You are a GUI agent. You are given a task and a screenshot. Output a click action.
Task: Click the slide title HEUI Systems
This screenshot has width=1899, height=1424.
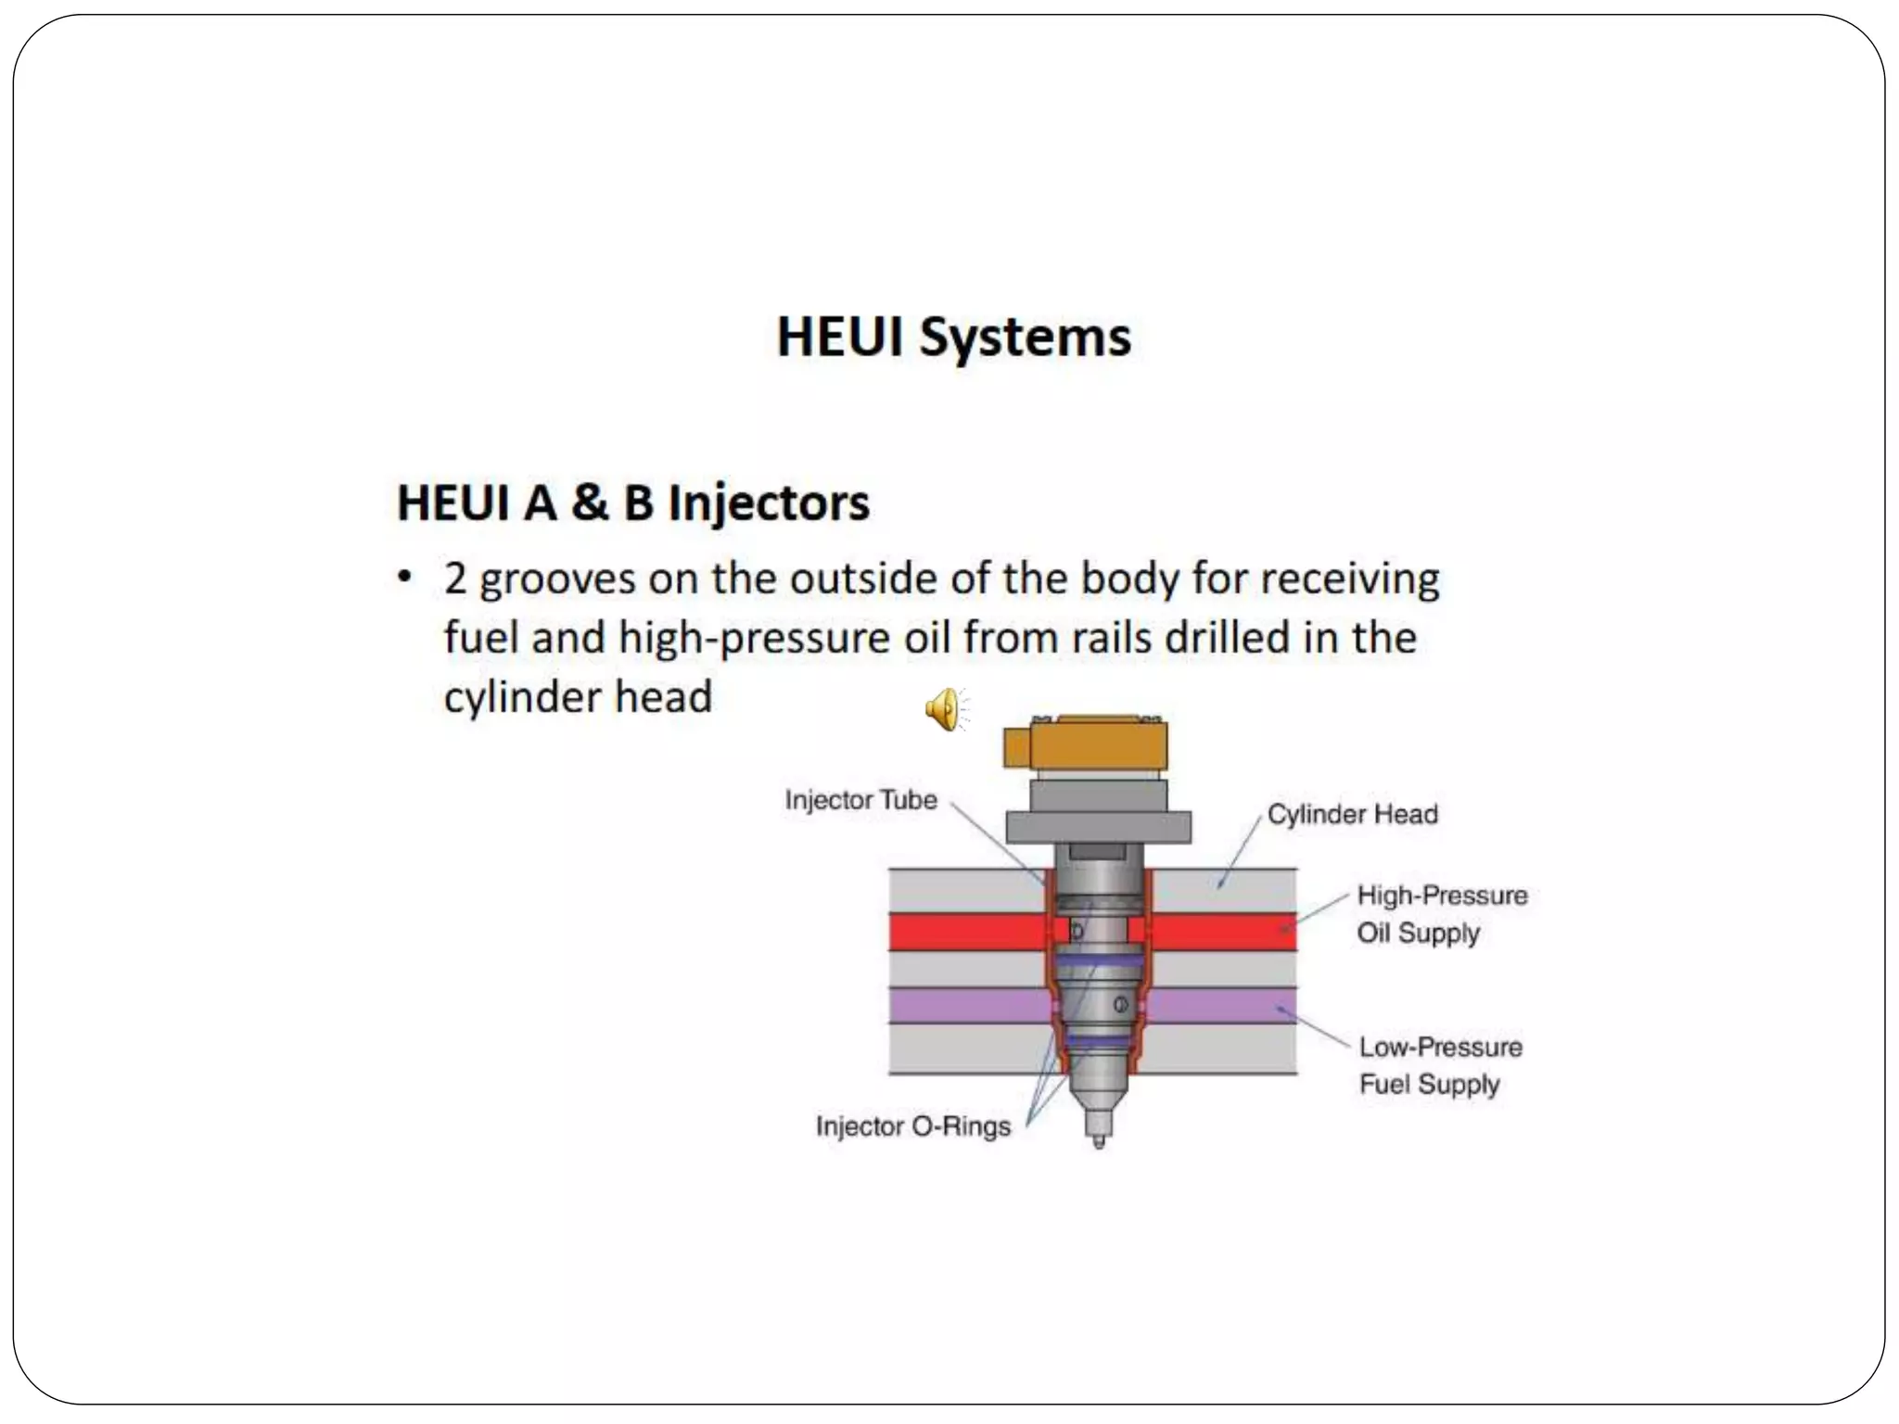pos(953,336)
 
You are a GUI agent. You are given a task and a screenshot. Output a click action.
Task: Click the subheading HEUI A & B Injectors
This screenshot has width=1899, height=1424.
pos(633,502)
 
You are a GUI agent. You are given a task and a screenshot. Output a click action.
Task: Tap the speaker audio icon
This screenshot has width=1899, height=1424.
pos(945,709)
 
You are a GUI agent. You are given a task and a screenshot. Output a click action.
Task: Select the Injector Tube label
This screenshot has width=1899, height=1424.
pos(860,799)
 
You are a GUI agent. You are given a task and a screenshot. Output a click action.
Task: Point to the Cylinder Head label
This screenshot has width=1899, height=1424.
pos(1352,814)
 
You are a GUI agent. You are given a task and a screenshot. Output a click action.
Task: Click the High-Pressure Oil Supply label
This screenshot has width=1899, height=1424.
pos(1441,914)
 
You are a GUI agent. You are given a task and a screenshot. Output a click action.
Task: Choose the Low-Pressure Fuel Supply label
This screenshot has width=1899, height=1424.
pos(1440,1065)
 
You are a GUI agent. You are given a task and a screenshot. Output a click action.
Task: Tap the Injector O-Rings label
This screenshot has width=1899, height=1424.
pos(912,1126)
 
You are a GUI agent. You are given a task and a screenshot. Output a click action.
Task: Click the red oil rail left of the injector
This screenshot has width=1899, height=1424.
pos(964,932)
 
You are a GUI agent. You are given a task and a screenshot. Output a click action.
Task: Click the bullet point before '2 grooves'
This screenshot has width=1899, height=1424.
pos(404,577)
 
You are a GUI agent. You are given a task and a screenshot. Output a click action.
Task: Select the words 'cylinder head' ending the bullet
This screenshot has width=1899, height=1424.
pos(578,697)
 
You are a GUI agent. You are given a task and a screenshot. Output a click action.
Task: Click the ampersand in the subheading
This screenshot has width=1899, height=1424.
pos(590,502)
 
